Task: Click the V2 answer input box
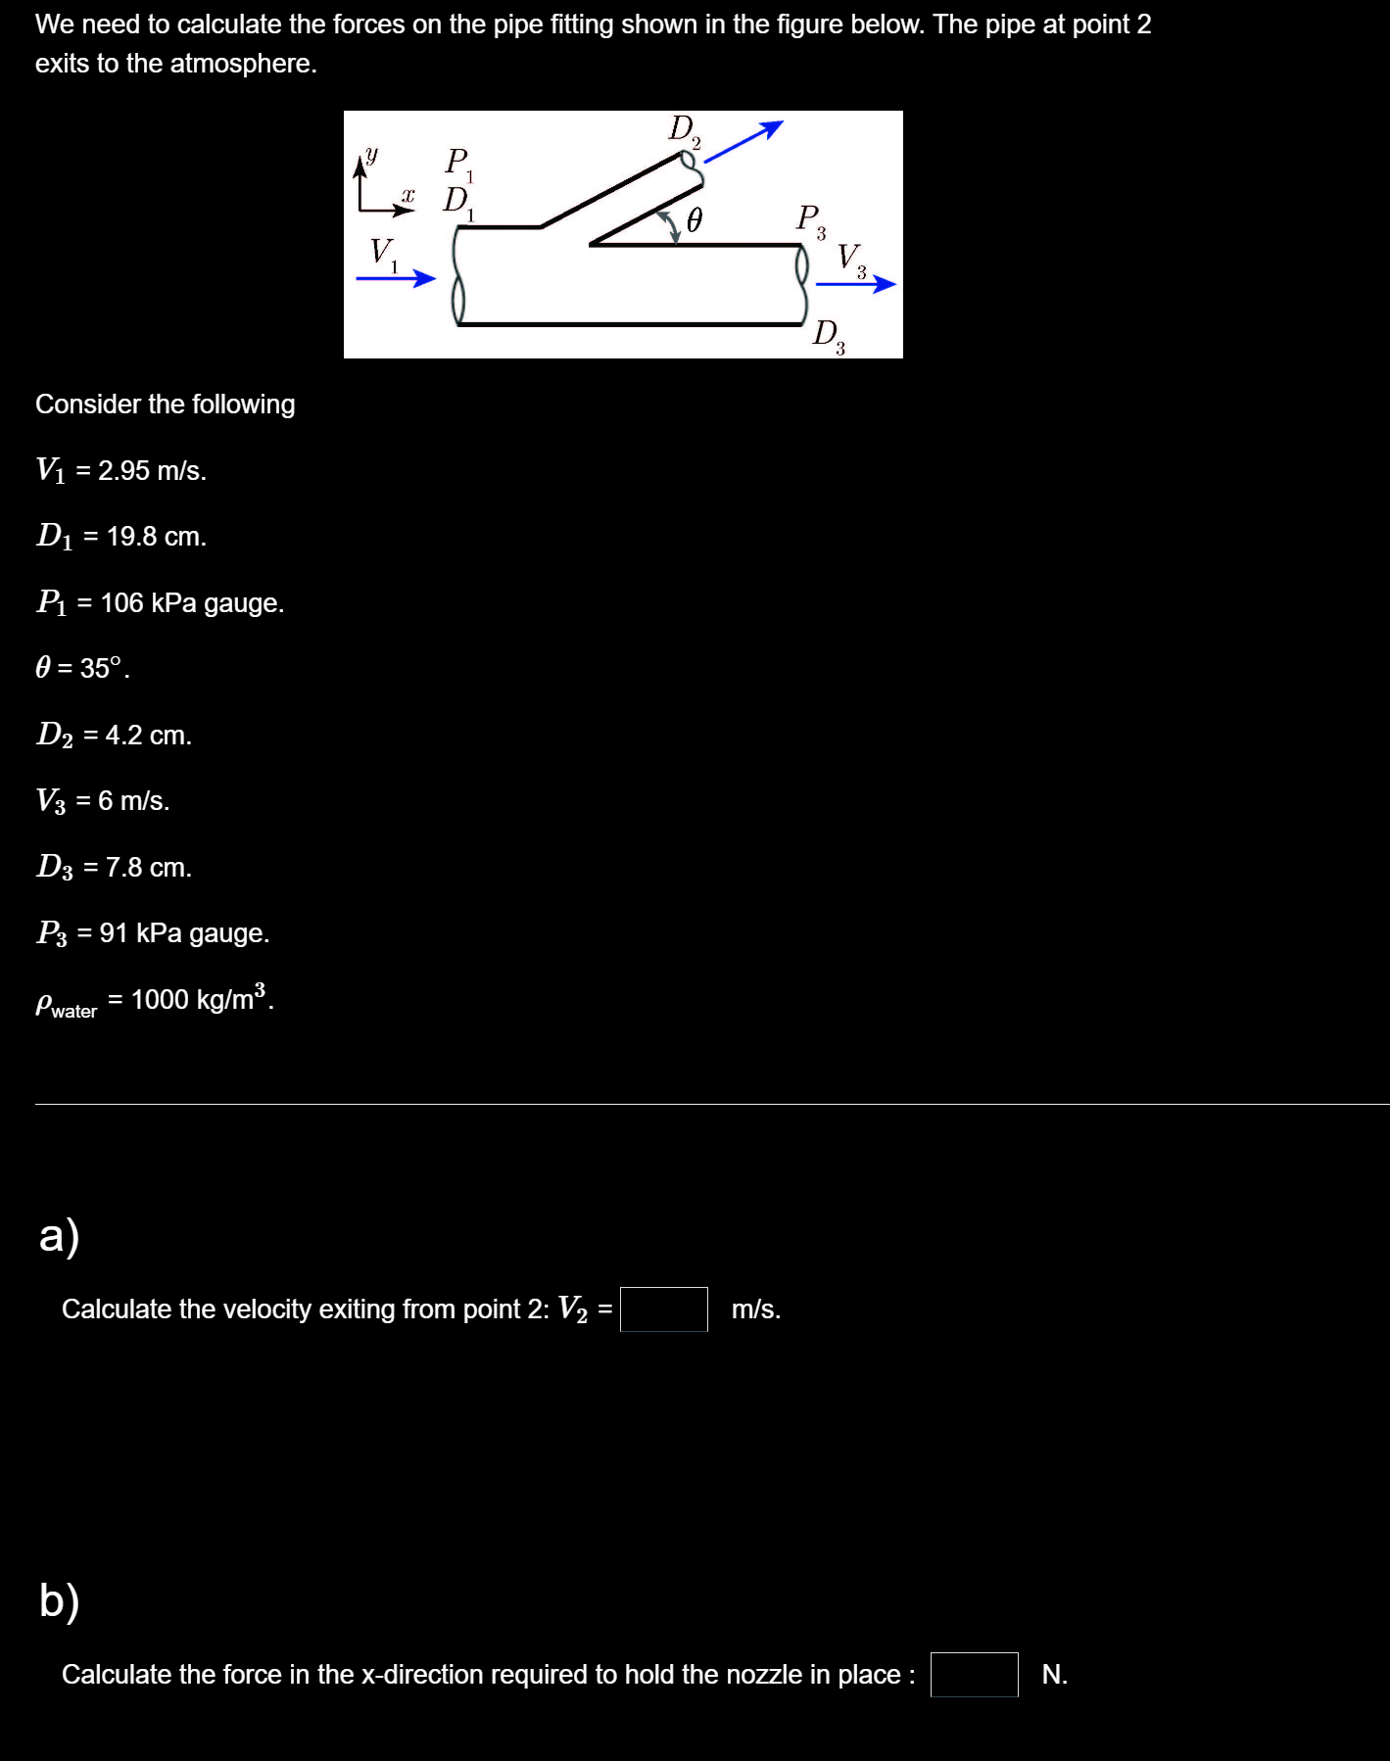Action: point(663,1309)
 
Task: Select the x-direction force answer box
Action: point(974,1674)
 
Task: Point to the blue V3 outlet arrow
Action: point(855,284)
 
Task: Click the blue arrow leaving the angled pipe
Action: point(743,141)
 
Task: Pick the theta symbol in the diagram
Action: point(694,221)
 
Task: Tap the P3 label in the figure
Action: point(810,218)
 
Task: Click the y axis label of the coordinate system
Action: point(371,155)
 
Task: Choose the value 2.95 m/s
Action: point(151,471)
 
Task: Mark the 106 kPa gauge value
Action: point(192,603)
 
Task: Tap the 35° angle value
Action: point(102,668)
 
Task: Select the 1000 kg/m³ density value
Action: point(201,999)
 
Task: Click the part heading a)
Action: point(59,1235)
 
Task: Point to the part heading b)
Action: point(59,1600)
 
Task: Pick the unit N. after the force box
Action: point(1054,1675)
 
